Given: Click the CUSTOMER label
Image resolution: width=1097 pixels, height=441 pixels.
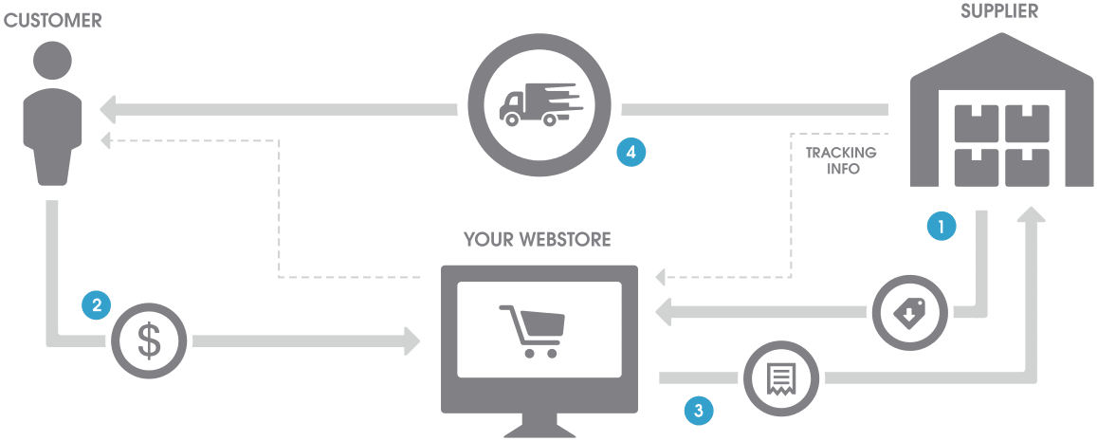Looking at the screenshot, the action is [52, 20].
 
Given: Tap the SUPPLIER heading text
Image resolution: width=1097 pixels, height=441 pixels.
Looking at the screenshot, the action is [998, 10].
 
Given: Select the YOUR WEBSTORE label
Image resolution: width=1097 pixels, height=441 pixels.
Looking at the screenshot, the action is [538, 240].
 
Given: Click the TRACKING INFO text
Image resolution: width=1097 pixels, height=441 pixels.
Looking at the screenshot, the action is [841, 160].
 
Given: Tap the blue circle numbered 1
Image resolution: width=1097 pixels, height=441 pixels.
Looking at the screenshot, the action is [941, 226].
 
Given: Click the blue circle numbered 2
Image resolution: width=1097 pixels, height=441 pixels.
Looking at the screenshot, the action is [97, 305].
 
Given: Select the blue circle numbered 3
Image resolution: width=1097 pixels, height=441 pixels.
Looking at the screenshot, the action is [698, 411].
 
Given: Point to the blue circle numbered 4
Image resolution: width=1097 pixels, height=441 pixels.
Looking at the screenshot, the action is [631, 152].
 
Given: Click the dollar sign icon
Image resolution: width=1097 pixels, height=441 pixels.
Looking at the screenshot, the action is [148, 340].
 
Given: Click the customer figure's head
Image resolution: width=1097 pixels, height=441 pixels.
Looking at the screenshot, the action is [52, 63].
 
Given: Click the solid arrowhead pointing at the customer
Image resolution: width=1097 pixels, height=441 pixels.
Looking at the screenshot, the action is [108, 109].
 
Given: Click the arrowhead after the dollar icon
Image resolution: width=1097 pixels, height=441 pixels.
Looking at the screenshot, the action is [412, 340].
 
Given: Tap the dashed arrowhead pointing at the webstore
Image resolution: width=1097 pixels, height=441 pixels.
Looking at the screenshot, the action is [661, 277].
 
